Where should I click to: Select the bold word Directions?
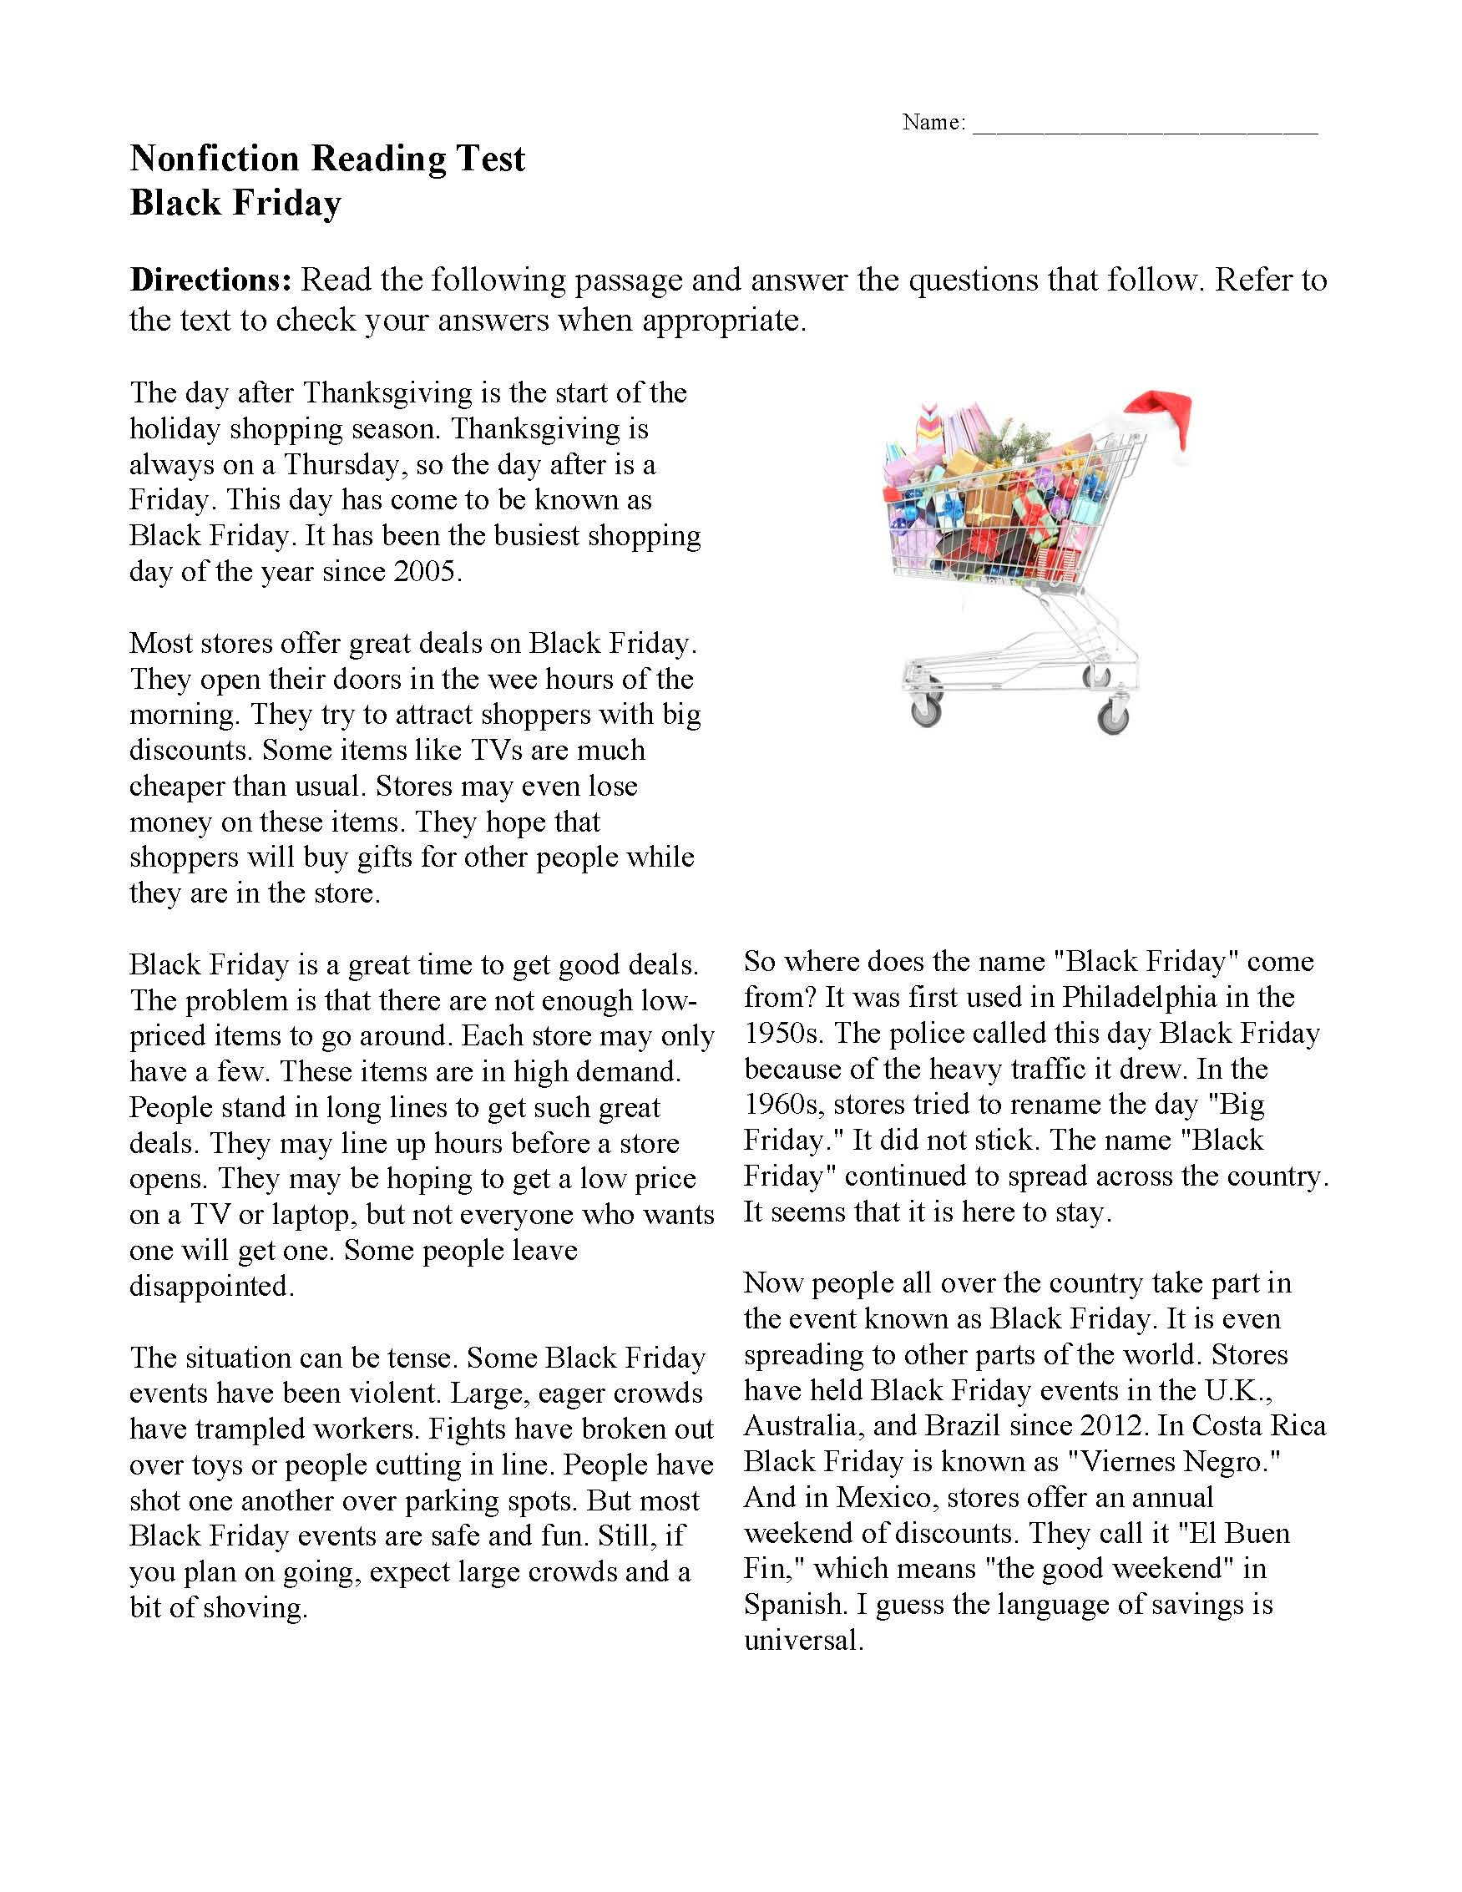[210, 280]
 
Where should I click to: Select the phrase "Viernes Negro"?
[1174, 1462]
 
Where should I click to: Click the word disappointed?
[212, 1287]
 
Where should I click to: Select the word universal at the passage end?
[803, 1641]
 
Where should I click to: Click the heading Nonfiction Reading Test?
[327, 159]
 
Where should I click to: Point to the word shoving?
[255, 1608]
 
